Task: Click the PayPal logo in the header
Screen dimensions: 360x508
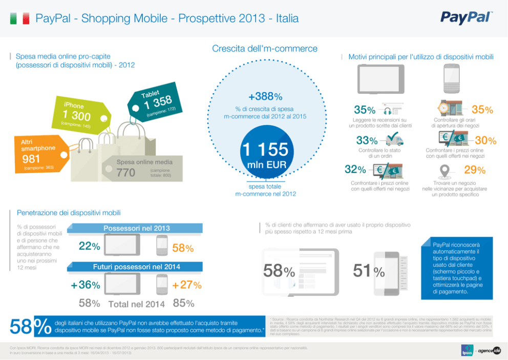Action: (465, 18)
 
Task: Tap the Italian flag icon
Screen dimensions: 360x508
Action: (20, 19)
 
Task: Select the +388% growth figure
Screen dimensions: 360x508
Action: (265, 97)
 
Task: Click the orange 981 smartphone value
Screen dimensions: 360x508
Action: (31, 159)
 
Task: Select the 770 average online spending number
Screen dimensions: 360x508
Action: (126, 173)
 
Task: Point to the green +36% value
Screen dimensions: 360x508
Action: (86, 285)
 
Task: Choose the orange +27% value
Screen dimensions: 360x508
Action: (187, 285)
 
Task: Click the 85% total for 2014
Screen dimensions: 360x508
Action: (183, 303)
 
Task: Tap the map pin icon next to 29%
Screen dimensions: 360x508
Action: (445, 171)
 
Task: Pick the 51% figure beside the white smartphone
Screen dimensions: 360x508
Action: (369, 272)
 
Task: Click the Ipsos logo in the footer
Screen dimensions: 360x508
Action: (466, 350)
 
